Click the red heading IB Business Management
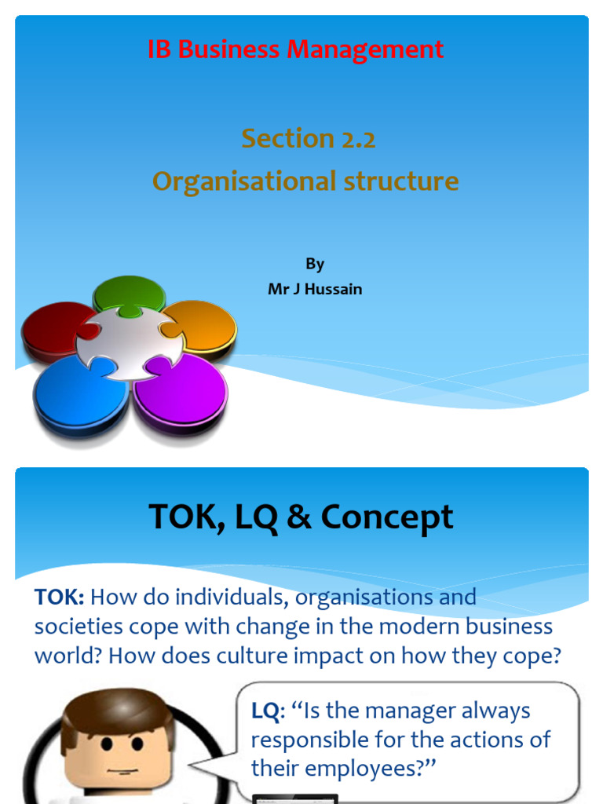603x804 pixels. [x=295, y=49]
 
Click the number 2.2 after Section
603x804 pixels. [x=358, y=139]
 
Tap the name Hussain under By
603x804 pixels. [x=334, y=289]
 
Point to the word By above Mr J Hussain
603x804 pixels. [x=315, y=264]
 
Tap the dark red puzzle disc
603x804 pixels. [x=52, y=328]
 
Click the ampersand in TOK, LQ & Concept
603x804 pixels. [x=299, y=517]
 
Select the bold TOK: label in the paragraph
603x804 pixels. [x=60, y=598]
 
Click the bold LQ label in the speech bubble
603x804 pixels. [x=265, y=711]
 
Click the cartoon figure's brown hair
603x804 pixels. [x=118, y=711]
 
